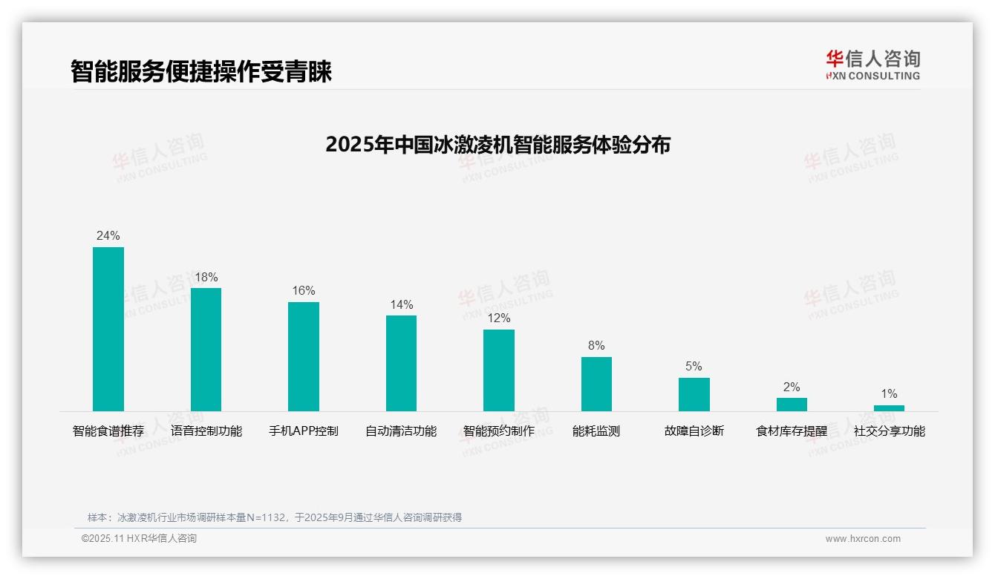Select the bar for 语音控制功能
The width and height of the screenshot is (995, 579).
coord(206,350)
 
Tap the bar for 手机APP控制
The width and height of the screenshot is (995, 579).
coord(304,356)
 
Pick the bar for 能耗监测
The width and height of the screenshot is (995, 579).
coord(596,384)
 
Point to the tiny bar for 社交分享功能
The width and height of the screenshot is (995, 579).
coord(889,408)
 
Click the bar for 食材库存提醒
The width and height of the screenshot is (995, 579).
coord(792,405)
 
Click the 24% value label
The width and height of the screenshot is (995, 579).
coord(108,235)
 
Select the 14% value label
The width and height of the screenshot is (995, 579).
coord(401,304)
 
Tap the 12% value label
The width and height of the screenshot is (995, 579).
coord(498,318)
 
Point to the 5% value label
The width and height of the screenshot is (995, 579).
coord(694,366)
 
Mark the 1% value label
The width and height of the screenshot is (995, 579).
coord(889,393)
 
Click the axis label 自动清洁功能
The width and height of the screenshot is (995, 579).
coord(401,431)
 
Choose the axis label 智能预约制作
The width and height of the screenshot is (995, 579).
coord(498,431)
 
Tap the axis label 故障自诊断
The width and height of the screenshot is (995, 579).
coord(694,431)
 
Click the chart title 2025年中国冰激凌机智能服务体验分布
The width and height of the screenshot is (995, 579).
coord(497,144)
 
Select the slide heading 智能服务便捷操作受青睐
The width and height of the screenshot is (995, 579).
coord(200,71)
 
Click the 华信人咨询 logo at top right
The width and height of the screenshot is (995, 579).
coord(872,65)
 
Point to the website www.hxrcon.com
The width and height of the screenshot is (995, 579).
coord(863,539)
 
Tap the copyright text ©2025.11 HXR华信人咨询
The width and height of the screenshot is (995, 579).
coord(139,539)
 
